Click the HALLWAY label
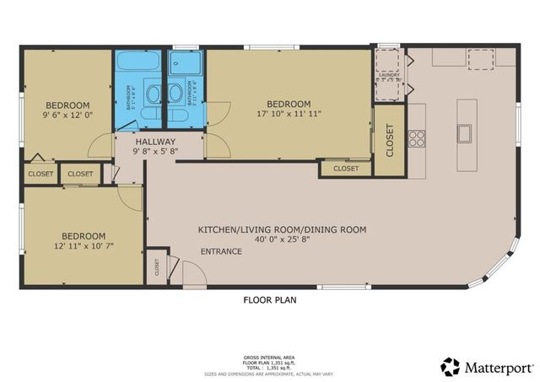point(155,142)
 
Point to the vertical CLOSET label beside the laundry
point(389,141)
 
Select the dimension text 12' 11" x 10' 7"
point(83,247)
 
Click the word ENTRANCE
point(221,251)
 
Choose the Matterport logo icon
point(451,366)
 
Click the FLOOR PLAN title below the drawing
point(269,299)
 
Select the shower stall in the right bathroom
point(181,63)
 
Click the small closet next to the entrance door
point(157,267)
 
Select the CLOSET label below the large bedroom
point(345,169)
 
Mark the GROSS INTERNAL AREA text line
point(269,358)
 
